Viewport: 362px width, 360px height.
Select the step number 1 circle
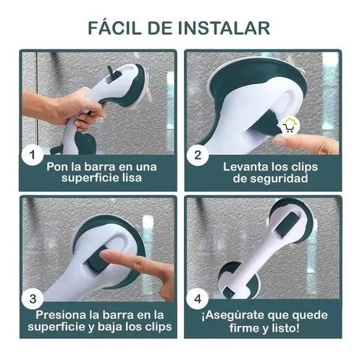pos(33,155)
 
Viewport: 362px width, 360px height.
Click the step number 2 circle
pos(198,155)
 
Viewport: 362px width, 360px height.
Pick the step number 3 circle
pos(33,299)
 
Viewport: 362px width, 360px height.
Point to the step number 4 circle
pos(198,299)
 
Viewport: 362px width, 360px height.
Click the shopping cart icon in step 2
pos(289,126)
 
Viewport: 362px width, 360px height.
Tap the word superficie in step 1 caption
pos(88,178)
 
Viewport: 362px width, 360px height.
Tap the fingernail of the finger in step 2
pos(278,140)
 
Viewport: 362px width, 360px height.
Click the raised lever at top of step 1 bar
pos(110,72)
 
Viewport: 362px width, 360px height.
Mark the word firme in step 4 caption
pos(245,328)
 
